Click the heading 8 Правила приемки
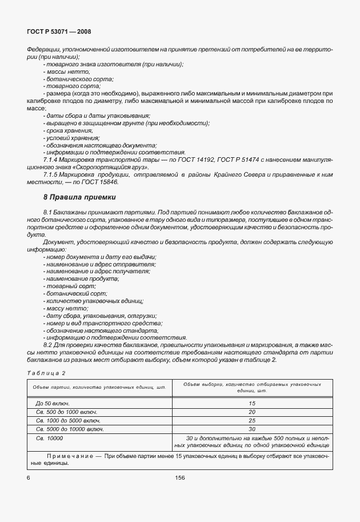(79, 197)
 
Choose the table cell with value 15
(251, 404)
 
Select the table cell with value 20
(251, 412)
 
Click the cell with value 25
(251, 420)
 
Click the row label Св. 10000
(50, 437)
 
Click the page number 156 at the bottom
(179, 476)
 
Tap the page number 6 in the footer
(28, 476)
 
